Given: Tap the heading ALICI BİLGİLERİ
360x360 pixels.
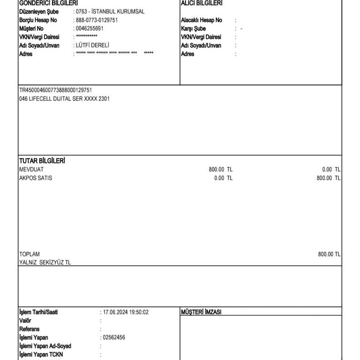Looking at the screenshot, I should coord(202,3).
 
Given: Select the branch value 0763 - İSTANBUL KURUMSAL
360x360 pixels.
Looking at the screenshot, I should coord(110,12).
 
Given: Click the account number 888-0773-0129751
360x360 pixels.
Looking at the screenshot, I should coord(97,20).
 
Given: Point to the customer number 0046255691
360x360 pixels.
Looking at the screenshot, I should coord(90,29).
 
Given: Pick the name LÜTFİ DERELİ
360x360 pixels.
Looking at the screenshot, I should coord(92,45).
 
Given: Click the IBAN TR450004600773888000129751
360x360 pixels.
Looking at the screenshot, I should coord(55,90).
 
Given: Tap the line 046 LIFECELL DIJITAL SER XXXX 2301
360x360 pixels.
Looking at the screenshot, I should coord(64,98).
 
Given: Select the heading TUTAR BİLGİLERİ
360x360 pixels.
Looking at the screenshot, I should coord(42,161).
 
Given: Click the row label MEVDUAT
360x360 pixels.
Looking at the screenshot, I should coord(30,169).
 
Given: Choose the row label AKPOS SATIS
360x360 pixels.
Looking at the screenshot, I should coord(36,178).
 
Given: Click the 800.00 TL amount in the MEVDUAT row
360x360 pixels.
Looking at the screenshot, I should coord(220,169).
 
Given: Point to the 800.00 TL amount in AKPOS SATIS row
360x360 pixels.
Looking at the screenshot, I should coord(329,178).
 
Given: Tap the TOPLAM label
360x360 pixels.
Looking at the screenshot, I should coord(30,254).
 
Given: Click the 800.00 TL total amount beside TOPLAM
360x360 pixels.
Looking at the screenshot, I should coord(329,254).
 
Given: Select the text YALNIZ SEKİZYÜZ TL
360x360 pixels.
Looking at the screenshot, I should coord(45,262).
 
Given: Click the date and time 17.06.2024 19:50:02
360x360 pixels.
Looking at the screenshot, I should coord(126,312).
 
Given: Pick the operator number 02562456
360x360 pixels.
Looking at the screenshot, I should coord(114,337).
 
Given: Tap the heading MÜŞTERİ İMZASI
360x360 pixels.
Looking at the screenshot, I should coord(201,312).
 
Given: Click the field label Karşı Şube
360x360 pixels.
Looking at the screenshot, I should coord(193,29).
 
